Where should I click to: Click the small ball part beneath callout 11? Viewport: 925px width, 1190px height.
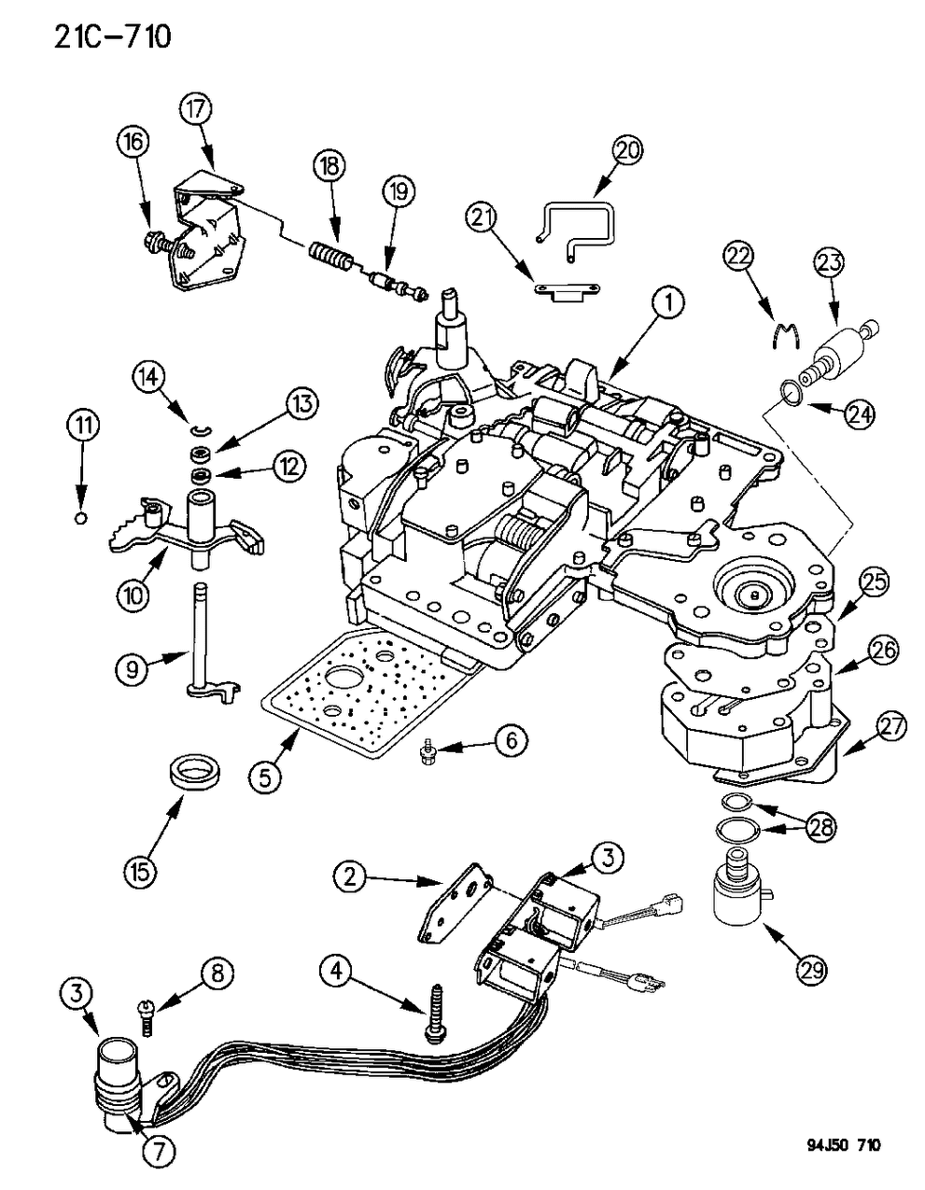(81, 518)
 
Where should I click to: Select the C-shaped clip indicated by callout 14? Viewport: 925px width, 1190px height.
(197, 429)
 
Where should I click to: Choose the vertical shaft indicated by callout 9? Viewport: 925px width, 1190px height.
(200, 644)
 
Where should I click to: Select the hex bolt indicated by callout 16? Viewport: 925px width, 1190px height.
(155, 245)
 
